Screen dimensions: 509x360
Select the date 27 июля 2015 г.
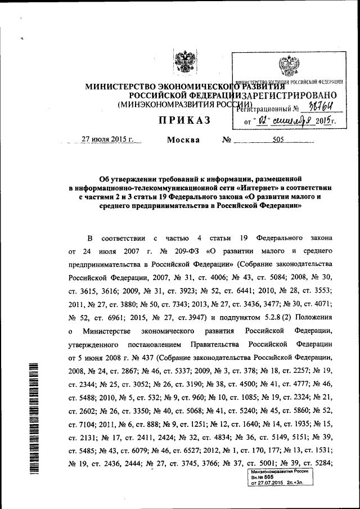[107, 141]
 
